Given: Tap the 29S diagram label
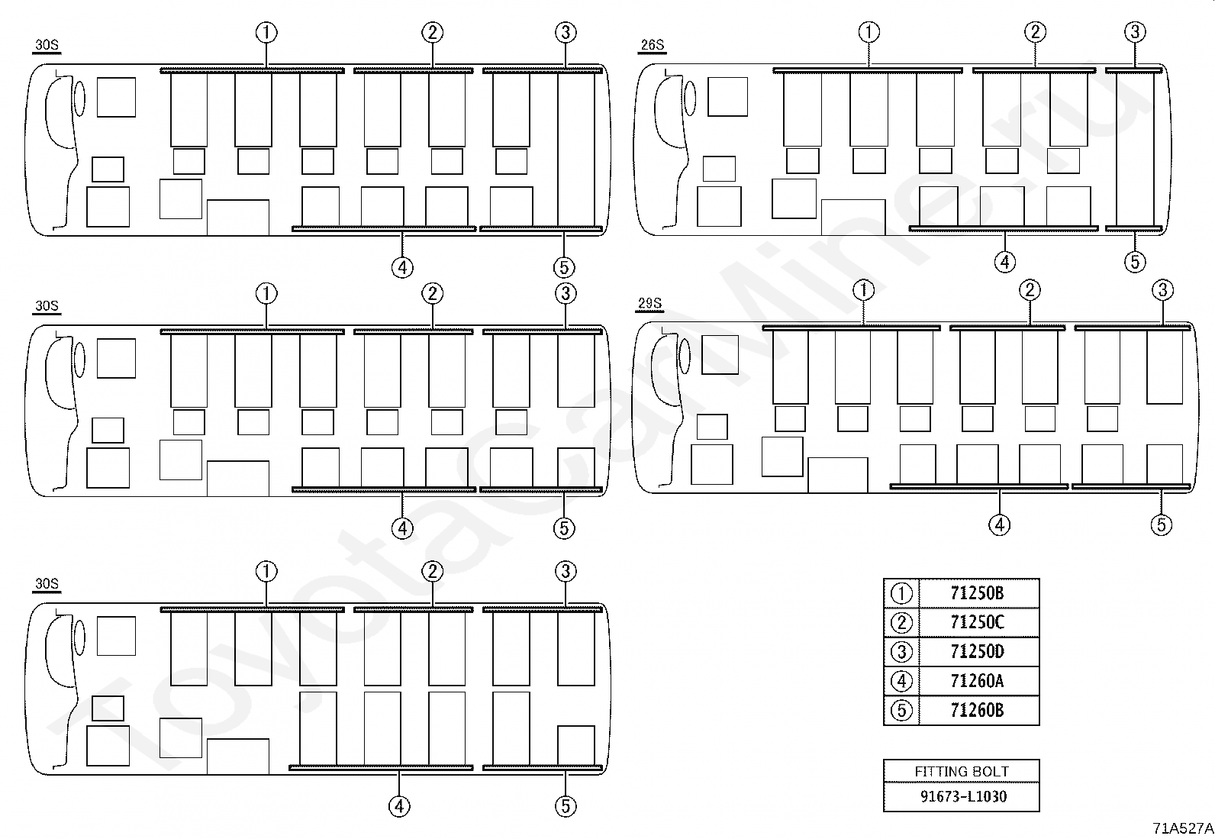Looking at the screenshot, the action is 649,303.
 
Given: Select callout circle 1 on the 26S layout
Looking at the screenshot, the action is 869,32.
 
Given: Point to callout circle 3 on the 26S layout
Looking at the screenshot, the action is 1135,32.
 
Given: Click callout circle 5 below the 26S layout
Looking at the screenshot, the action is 1135,262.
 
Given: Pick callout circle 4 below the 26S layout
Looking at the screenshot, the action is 1005,262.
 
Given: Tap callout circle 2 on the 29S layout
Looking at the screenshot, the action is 1030,290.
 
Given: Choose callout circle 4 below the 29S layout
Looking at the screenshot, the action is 999,524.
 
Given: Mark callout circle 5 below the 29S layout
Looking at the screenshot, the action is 1162,524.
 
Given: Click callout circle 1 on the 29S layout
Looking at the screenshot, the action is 864,290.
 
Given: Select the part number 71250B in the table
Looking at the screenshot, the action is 977,593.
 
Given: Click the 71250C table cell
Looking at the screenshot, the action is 977,622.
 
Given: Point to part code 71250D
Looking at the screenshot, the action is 977,651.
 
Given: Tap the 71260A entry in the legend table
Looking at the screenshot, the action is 977,681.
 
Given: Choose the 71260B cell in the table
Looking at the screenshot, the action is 977,710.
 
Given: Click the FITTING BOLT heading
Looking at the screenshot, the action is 961,771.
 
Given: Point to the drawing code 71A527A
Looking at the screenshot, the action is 1183,828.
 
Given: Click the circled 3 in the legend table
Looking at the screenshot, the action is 901,651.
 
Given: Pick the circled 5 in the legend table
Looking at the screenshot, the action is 901,710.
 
